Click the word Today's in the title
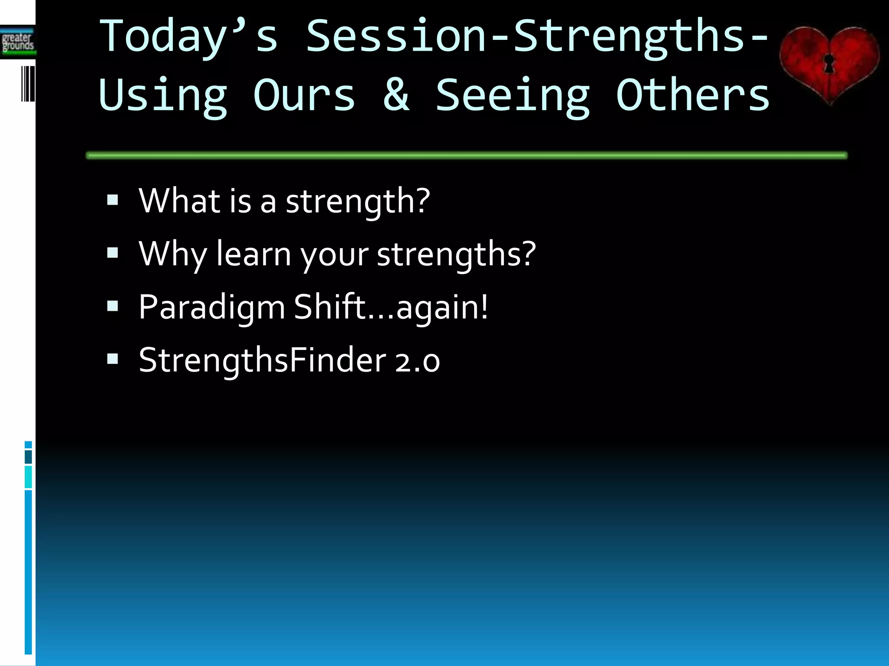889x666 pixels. click(x=188, y=37)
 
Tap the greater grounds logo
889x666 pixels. click(x=18, y=42)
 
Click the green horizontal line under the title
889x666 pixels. click(x=466, y=155)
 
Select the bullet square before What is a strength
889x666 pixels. click(x=112, y=200)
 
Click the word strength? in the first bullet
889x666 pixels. click(x=358, y=202)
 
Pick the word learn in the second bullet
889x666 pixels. click(x=254, y=254)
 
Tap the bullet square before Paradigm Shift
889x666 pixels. click(x=112, y=306)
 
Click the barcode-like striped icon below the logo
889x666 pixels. click(x=28, y=84)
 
